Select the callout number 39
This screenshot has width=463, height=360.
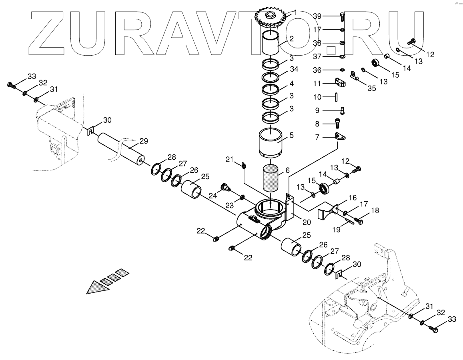coord(317,16)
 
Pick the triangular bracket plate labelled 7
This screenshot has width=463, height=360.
coord(341,136)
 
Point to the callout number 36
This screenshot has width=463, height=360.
coord(317,70)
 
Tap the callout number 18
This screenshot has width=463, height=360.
coord(375,210)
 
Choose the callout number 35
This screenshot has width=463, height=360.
coord(372,89)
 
